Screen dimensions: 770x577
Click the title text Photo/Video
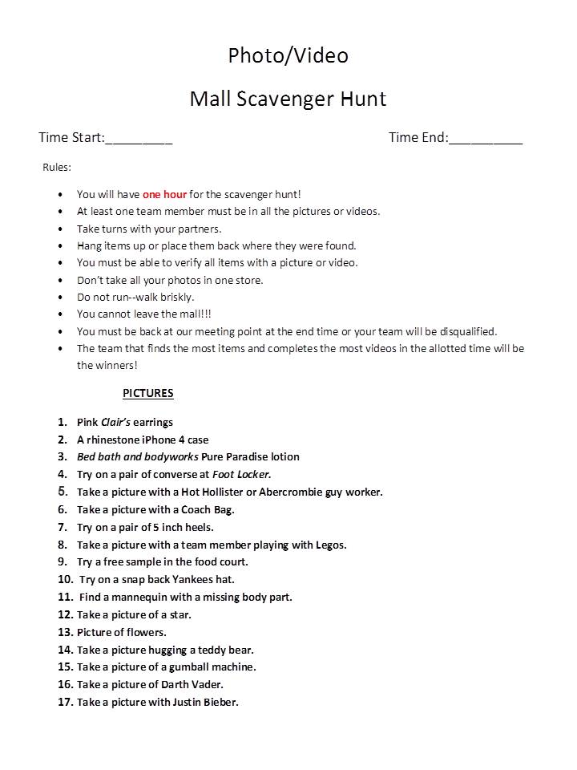(288, 55)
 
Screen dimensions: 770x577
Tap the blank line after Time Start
(139, 138)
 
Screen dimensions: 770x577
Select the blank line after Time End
(486, 138)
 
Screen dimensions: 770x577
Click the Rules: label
(57, 168)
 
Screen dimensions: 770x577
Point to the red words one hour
(164, 194)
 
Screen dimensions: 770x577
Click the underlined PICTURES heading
(148, 393)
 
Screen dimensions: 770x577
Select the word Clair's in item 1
(116, 423)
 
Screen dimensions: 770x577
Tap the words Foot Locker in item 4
(241, 474)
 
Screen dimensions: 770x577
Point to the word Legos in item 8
(330, 545)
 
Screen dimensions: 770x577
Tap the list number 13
(65, 632)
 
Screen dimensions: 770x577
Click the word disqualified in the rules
(466, 331)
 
